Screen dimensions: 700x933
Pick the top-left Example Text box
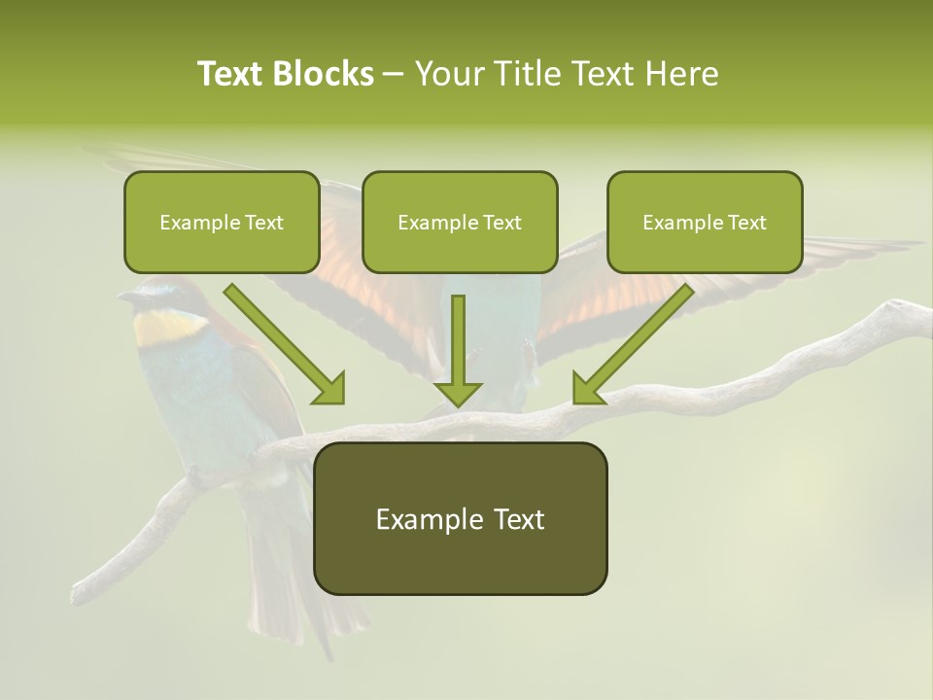click(x=222, y=222)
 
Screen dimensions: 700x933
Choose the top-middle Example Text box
click(x=460, y=222)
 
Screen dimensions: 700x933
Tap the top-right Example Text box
click(x=705, y=222)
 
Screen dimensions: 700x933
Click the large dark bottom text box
click(x=460, y=518)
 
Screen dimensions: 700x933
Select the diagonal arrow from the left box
click(x=282, y=340)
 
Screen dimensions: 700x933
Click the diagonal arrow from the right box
click(x=637, y=340)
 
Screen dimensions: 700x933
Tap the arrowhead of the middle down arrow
click(x=458, y=393)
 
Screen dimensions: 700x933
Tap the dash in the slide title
click(x=394, y=74)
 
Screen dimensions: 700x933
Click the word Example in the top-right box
click(x=678, y=222)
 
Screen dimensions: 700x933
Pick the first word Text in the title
click(x=231, y=74)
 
